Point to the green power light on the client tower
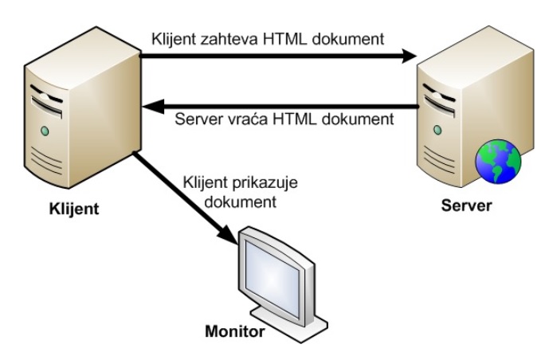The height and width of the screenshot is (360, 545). click(45, 129)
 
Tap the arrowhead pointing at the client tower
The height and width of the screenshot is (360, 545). click(148, 105)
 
